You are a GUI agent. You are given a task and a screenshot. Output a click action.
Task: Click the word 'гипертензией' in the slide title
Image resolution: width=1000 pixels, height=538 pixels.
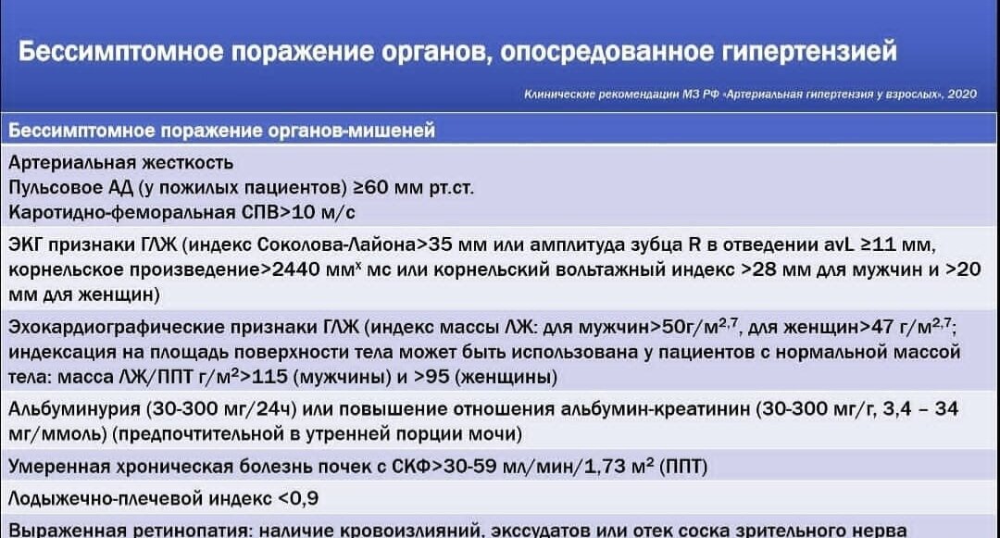point(803,51)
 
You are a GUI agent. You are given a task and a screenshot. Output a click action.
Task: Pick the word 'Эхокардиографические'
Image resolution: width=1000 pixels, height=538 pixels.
point(113,328)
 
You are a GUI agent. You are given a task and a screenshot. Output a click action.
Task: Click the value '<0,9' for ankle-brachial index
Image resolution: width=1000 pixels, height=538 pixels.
point(297,499)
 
